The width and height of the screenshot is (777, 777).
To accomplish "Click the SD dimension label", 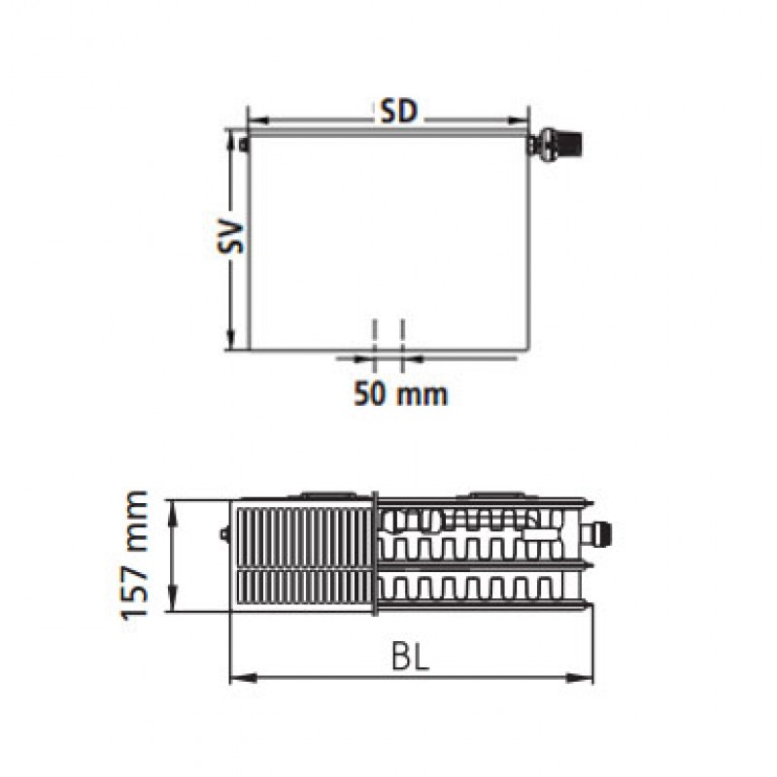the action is pyautogui.click(x=399, y=112).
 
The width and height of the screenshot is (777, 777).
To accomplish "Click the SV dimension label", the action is pyautogui.click(x=232, y=237).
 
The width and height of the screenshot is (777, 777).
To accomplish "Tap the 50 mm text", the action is pyautogui.click(x=400, y=394).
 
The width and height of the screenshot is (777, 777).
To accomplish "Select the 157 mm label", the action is pyautogui.click(x=135, y=555).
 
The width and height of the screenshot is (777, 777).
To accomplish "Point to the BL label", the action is pyautogui.click(x=410, y=658).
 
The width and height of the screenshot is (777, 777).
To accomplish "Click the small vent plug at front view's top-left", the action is pyautogui.click(x=243, y=145).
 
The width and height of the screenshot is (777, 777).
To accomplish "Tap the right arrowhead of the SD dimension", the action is pyautogui.click(x=519, y=120).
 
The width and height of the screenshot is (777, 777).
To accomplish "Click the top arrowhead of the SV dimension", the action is pyautogui.click(x=231, y=140).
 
